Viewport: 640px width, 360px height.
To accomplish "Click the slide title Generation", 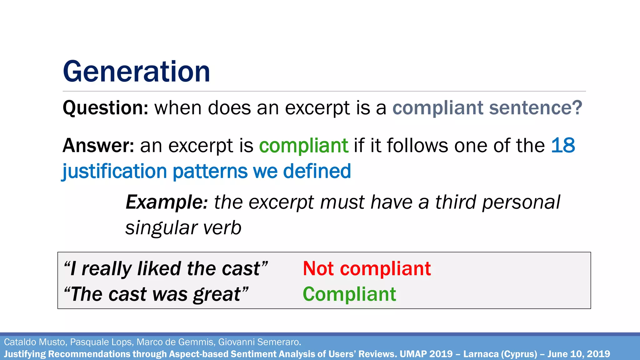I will point(136,72).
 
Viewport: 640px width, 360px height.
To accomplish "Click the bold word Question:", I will point(105,108).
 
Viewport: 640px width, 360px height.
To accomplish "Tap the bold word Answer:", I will point(98,146).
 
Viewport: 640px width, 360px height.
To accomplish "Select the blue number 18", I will point(563,146).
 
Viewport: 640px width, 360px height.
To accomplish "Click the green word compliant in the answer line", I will point(303,146).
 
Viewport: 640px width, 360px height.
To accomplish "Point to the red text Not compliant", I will point(367,268).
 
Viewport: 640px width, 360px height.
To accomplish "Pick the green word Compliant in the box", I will point(349,294).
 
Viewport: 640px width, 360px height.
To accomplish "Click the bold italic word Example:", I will point(167,202).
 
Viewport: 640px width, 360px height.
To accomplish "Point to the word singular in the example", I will point(161,228).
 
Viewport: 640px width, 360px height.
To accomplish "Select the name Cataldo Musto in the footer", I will point(35,342).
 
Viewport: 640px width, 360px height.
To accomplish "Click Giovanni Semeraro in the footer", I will point(259,342).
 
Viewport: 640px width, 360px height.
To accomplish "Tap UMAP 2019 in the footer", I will point(426,354).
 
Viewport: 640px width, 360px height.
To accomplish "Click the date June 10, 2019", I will point(578,354).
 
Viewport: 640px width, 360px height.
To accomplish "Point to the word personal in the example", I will point(521,202).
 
